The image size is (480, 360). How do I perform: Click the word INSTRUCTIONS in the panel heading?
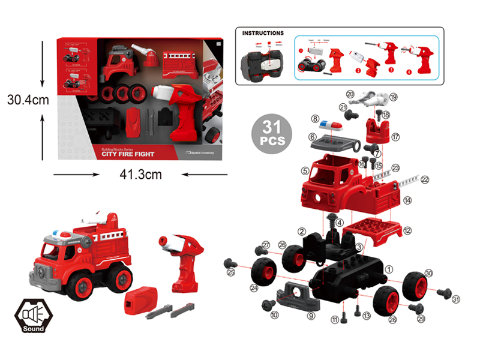tap(263, 34)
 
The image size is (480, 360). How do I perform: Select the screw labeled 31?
tap(443, 293)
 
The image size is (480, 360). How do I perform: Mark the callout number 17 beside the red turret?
tap(395, 137)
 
